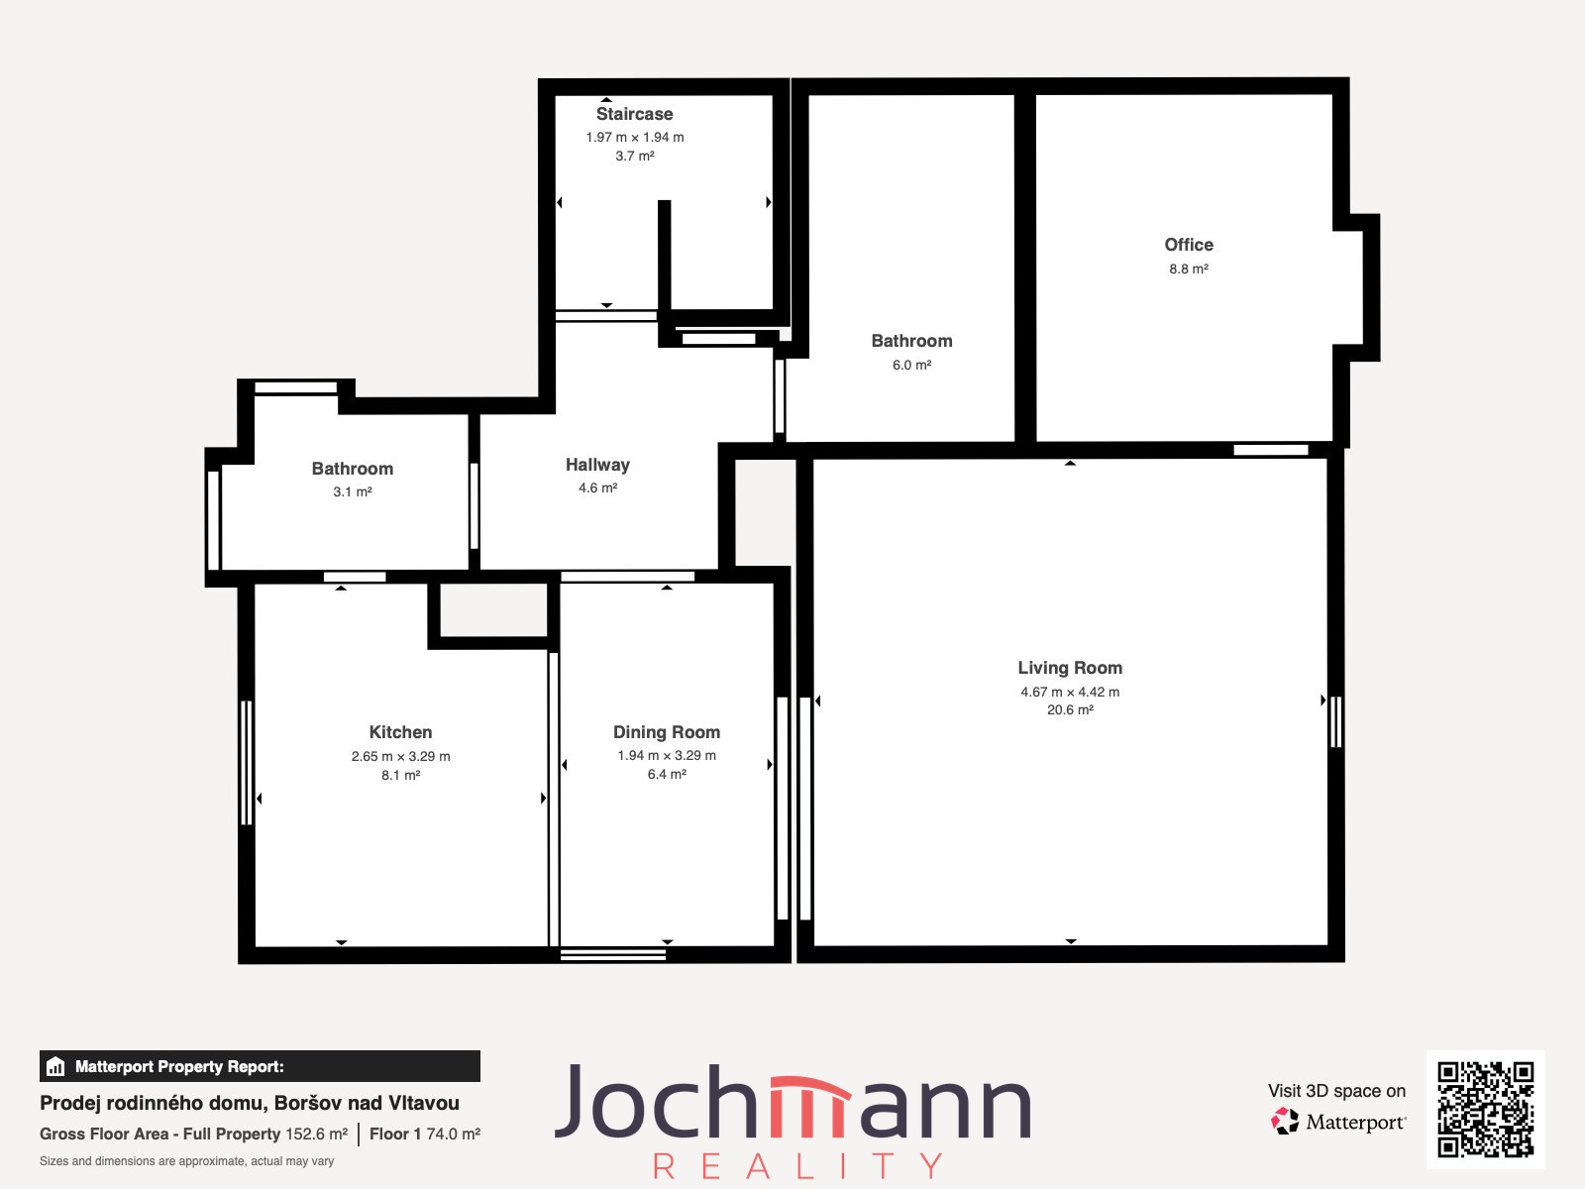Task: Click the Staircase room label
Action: [x=634, y=114]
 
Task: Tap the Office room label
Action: [x=1189, y=245]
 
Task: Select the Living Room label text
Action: [x=1070, y=669]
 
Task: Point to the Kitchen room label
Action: [x=401, y=732]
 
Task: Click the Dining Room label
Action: [x=667, y=732]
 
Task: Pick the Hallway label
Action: [x=597, y=465]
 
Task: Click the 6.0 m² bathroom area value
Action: [x=911, y=366]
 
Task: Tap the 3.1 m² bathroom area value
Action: [x=353, y=492]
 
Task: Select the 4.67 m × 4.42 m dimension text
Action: [x=1070, y=693]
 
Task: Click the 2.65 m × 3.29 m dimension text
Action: [x=401, y=757]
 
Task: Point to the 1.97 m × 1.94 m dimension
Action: [x=634, y=137]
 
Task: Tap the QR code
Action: [x=1485, y=1110]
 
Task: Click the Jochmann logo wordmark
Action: [x=792, y=1102]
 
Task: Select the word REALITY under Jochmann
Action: [x=797, y=1165]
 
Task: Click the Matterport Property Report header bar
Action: [x=260, y=1066]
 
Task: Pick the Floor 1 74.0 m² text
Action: [x=425, y=1135]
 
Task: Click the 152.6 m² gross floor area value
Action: [x=316, y=1135]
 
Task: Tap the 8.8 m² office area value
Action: [x=1189, y=270]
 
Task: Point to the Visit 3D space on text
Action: [x=1336, y=1091]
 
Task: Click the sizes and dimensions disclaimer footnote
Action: [x=186, y=1161]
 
